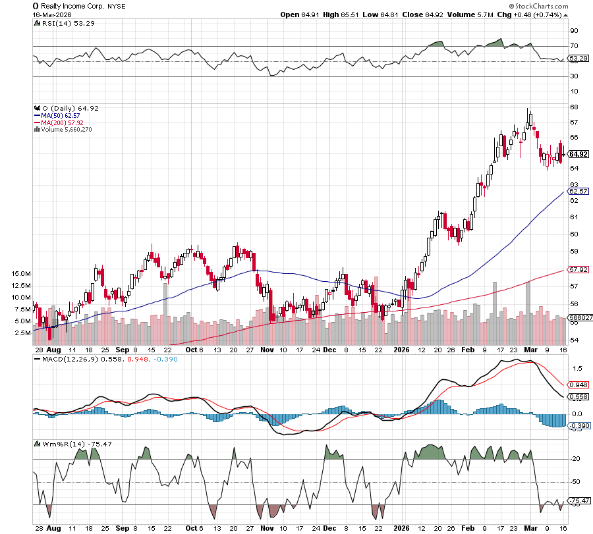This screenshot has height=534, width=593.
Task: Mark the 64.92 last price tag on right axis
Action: [578, 154]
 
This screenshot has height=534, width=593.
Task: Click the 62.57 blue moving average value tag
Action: [578, 192]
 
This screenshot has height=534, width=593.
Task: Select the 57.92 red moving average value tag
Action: [578, 269]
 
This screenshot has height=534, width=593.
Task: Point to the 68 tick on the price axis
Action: [574, 107]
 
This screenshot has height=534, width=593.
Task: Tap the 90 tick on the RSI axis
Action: [574, 30]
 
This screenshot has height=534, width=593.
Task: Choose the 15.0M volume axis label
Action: [21, 273]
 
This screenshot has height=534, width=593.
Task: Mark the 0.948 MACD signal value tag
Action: [578, 385]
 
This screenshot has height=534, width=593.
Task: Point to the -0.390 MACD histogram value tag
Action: [578, 427]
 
